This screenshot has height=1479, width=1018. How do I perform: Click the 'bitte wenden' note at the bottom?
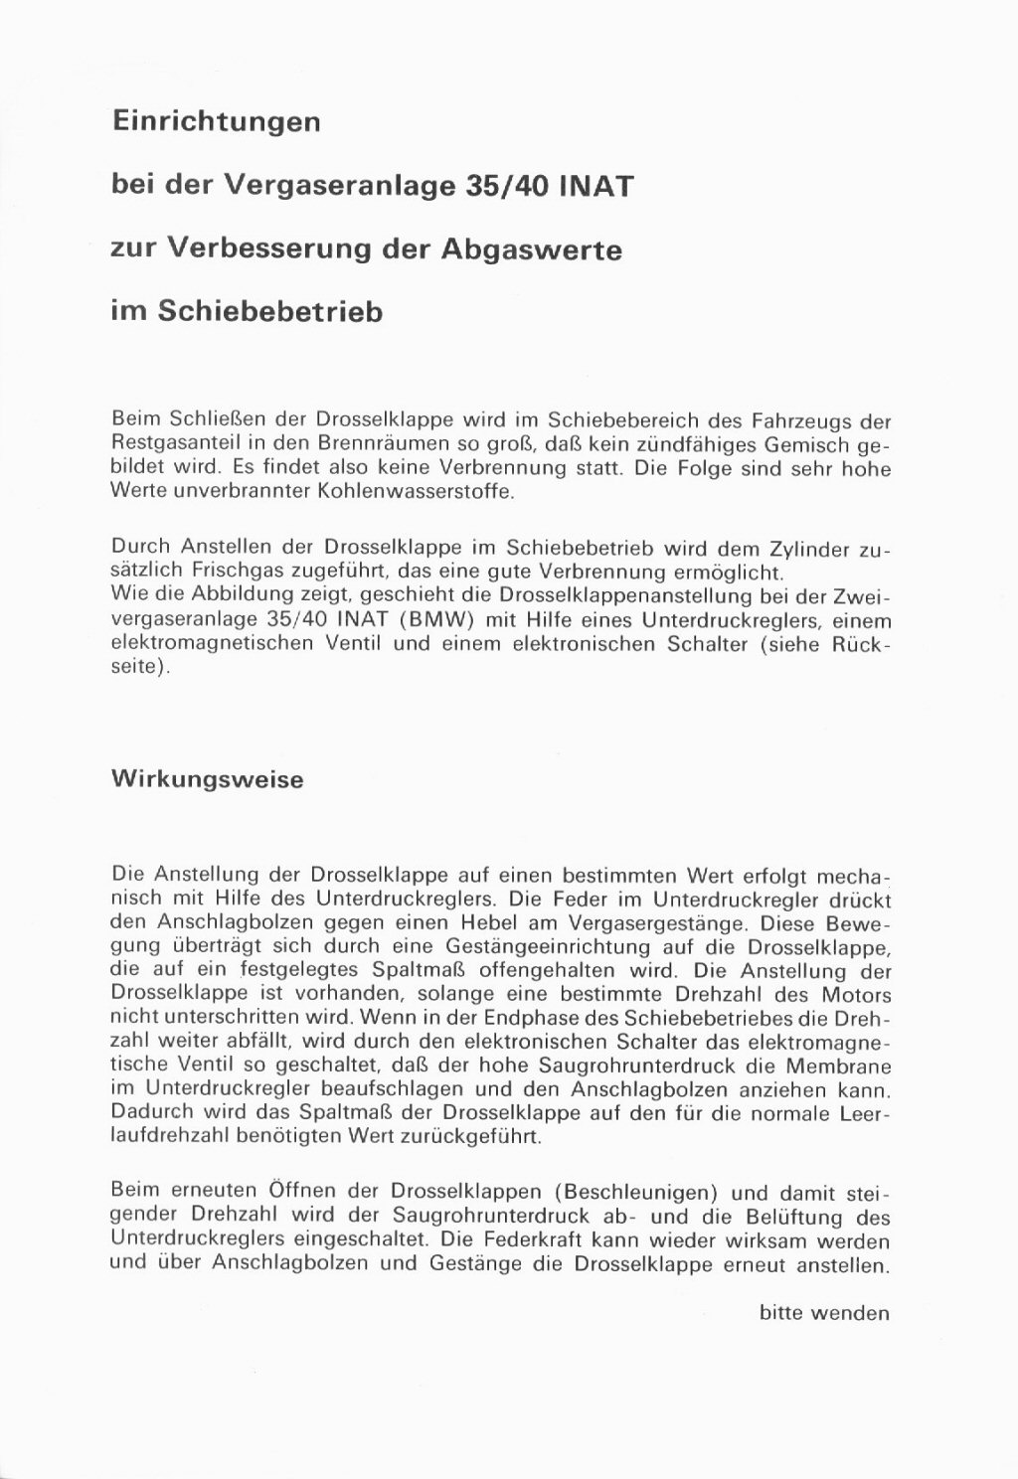click(824, 1313)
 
